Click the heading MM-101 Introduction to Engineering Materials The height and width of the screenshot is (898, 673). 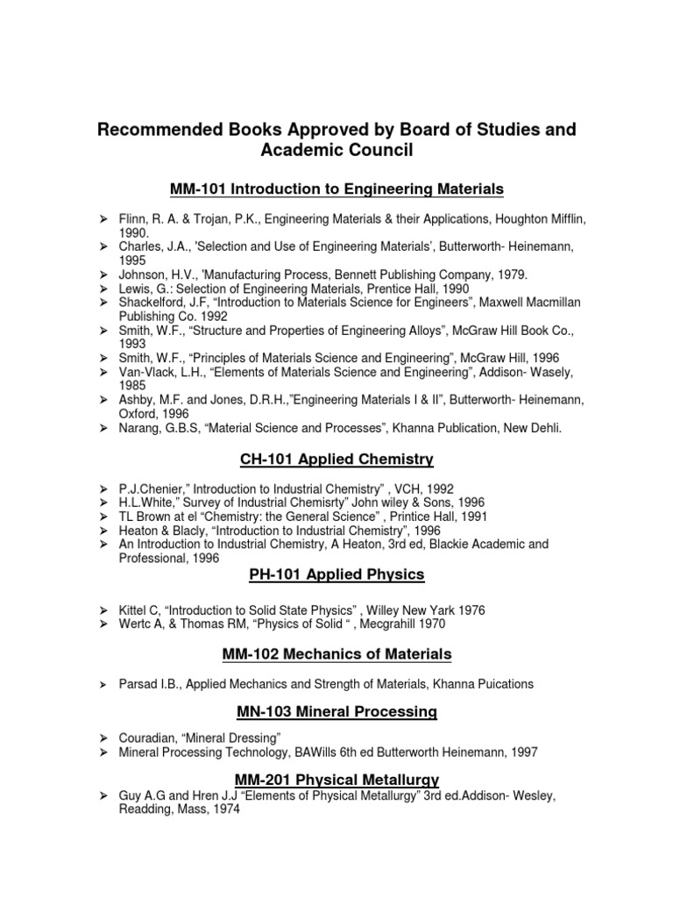click(x=336, y=189)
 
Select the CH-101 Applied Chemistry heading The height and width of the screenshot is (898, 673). click(x=336, y=459)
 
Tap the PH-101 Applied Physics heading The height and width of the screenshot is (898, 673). click(x=336, y=574)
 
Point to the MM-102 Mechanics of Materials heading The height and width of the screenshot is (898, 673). click(x=336, y=653)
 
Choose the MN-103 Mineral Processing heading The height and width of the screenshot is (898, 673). click(x=336, y=712)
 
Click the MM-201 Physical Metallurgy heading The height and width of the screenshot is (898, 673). click(x=336, y=779)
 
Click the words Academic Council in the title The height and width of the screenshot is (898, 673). click(x=336, y=151)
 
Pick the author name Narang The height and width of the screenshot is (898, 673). click(x=138, y=426)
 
